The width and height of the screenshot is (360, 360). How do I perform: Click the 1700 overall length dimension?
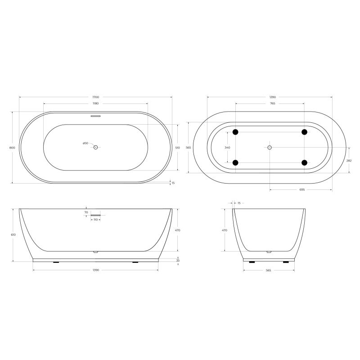95,97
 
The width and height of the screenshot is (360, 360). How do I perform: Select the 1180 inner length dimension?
95,104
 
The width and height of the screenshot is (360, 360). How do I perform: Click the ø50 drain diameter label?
85,143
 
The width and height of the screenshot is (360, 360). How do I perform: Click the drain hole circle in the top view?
95,147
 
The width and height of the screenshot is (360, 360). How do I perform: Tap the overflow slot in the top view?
95,116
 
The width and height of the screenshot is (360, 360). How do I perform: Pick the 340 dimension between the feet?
227,147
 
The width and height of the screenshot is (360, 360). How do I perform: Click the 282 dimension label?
349,160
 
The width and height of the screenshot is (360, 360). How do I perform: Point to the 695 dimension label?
301,190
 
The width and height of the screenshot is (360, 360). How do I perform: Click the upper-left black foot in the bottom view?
235,132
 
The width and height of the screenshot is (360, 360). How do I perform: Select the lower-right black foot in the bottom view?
305,162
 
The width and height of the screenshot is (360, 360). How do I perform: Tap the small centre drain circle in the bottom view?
270,147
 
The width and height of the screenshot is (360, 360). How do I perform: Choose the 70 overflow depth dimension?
85,212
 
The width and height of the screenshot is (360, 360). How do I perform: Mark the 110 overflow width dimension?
95,220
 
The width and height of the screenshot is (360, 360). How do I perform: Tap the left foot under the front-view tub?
56,262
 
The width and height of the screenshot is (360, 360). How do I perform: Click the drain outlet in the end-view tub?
269,252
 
